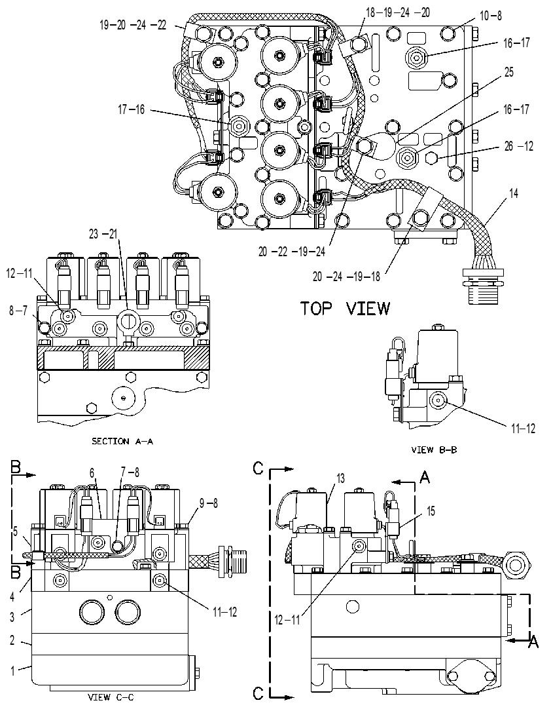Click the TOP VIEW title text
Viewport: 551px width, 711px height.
coord(345,309)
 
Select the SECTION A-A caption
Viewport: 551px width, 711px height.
coord(122,441)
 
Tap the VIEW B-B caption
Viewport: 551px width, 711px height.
coord(434,450)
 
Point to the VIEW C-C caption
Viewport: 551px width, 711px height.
coord(111,697)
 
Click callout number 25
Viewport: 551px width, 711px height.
coord(509,72)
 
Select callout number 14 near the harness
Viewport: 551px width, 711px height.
coord(514,193)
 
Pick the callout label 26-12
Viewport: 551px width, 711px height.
coord(519,146)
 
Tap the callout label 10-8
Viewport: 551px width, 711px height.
coord(491,16)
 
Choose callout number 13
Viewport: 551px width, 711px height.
coord(340,478)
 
